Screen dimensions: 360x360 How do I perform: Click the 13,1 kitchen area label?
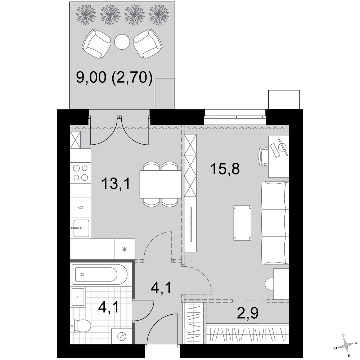click(116, 184)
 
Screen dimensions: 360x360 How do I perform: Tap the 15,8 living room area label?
click(225, 169)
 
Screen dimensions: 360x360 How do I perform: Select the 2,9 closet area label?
click(248, 313)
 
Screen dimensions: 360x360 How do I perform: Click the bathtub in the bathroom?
click(100, 274)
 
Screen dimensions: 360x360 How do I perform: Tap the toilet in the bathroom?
click(81, 326)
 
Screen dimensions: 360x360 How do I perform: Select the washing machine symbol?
click(122, 337)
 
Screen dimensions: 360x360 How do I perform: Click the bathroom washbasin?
click(78, 297)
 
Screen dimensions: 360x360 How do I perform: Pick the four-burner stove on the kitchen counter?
click(81, 173)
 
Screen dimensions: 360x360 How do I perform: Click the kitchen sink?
click(81, 228)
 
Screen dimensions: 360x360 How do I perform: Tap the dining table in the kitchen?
click(161, 184)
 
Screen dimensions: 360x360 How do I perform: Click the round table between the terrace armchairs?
click(122, 42)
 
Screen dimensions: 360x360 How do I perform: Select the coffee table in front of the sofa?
click(242, 223)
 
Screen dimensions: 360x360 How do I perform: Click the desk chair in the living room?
click(264, 156)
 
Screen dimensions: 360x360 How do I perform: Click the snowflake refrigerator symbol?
click(125, 249)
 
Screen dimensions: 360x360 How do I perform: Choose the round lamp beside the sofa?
click(270, 284)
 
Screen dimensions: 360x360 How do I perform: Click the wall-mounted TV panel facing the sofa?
click(190, 224)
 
